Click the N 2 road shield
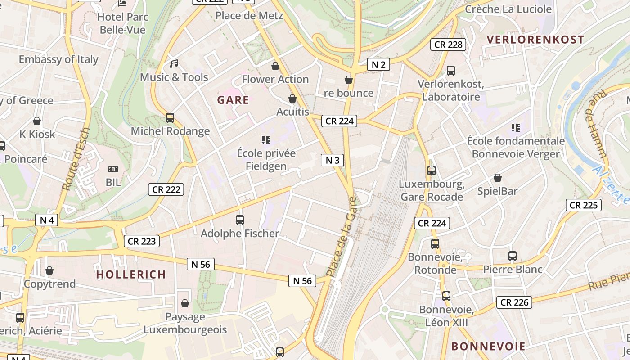click(378, 64)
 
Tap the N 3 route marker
click(333, 160)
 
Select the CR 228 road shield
click(448, 45)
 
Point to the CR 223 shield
click(142, 241)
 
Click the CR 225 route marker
click(584, 205)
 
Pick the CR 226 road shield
click(514, 302)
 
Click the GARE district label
click(233, 100)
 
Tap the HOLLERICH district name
click(131, 274)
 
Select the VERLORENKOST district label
click(535, 40)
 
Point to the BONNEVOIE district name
click(488, 346)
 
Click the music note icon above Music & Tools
click(174, 64)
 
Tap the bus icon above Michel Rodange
click(170, 118)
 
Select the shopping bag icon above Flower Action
click(275, 67)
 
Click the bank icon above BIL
click(113, 169)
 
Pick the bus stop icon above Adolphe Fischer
click(240, 220)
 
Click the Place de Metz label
click(249, 16)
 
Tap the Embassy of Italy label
click(58, 59)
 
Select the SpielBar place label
click(497, 191)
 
